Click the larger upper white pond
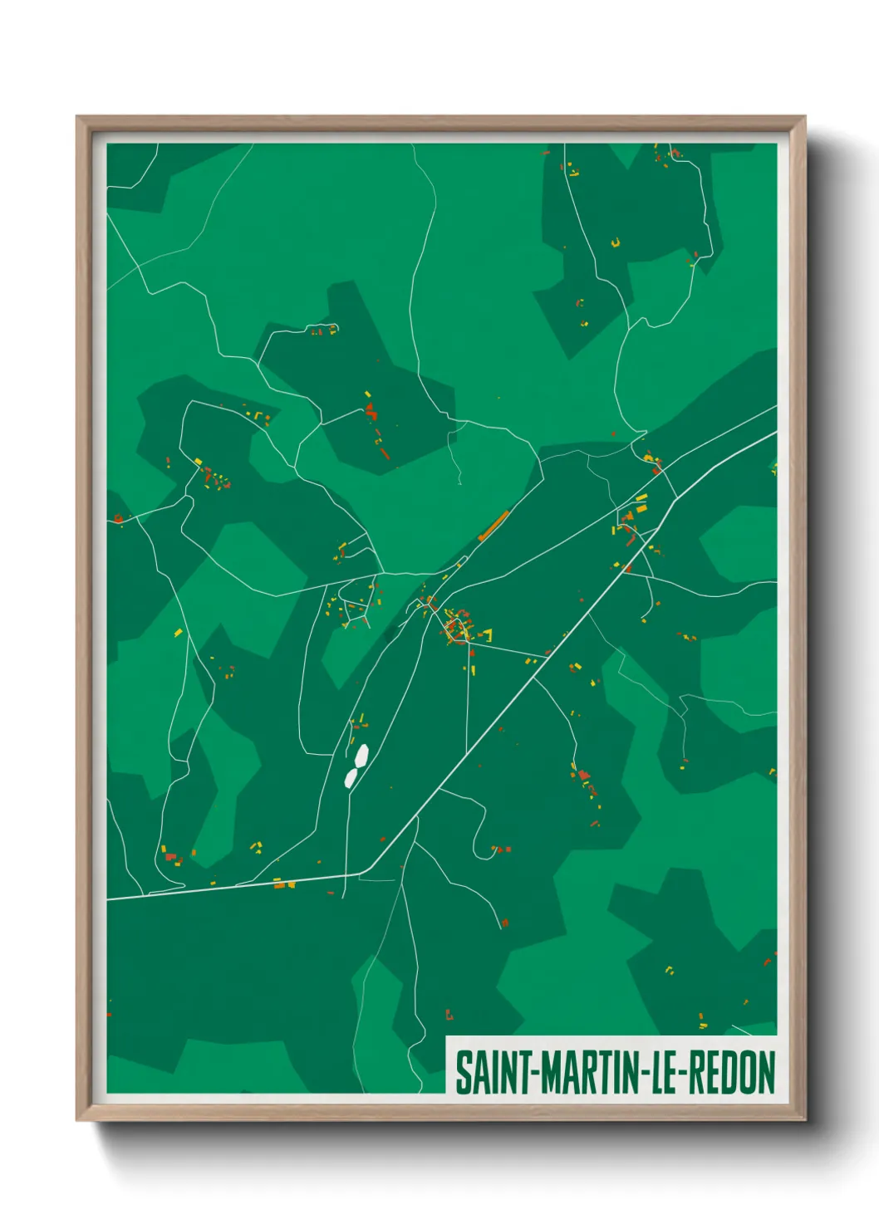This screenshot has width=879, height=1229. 361,756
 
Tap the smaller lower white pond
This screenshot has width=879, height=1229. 351,778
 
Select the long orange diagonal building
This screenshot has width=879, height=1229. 493,526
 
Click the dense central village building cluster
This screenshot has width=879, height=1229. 457,627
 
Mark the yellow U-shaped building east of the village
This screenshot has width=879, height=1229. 485,636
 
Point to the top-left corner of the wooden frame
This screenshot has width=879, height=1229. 78,118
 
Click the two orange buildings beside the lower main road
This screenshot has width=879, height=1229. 283,884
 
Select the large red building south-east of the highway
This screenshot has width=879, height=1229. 584,775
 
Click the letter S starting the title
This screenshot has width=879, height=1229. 463,1072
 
